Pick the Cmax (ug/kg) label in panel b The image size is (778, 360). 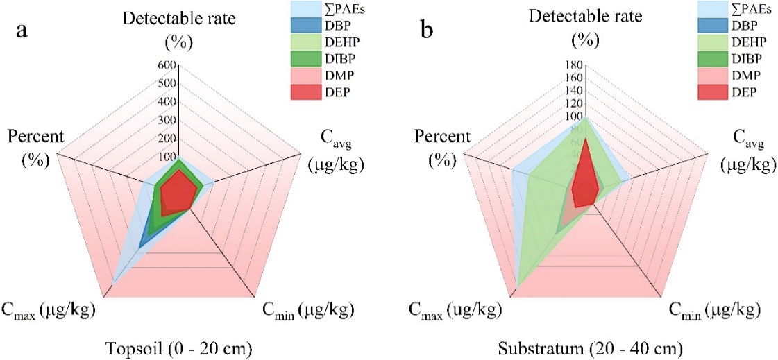point(453,309)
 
